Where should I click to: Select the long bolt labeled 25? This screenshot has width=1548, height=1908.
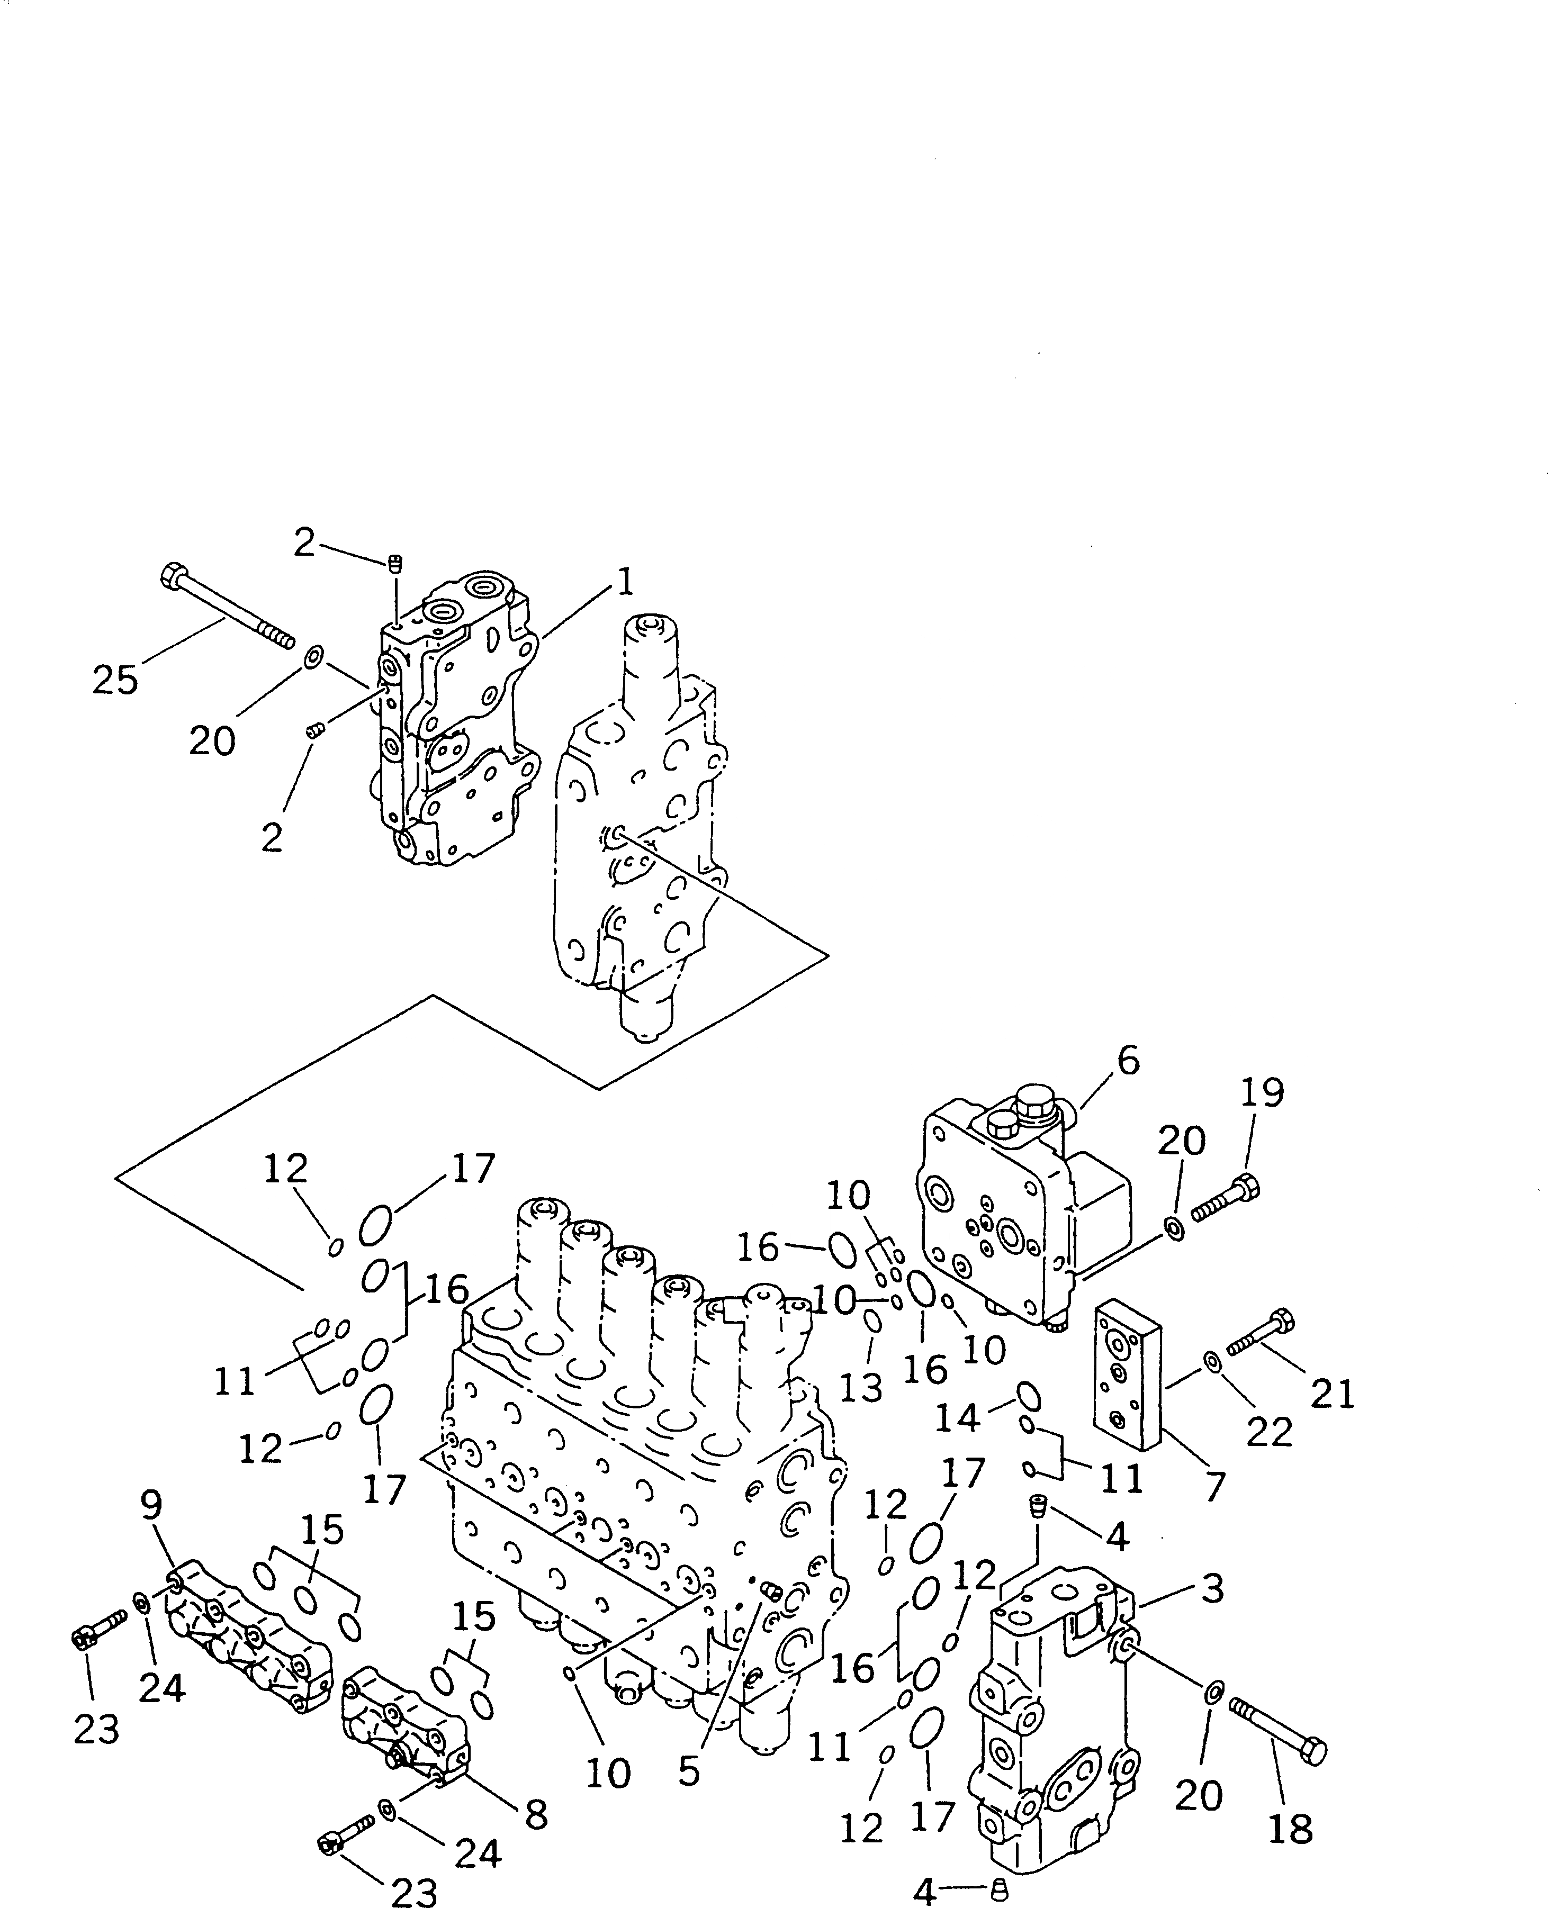coord(228,609)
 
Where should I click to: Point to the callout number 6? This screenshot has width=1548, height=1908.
coord(1128,1061)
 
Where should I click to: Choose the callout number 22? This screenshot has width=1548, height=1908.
coord(1269,1433)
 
